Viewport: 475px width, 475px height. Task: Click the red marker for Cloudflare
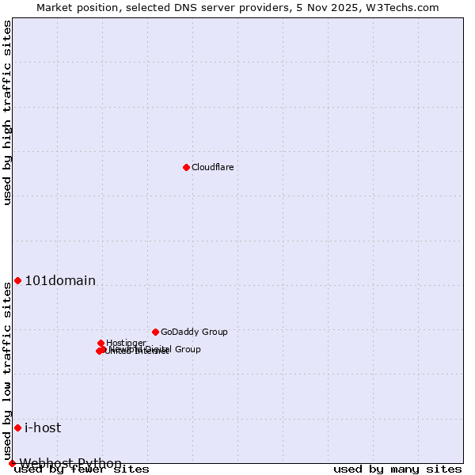point(186,167)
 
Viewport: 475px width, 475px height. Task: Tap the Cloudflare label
point(213,167)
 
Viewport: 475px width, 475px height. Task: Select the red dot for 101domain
point(17,280)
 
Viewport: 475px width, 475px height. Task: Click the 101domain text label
point(60,280)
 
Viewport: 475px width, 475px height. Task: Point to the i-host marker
point(17,427)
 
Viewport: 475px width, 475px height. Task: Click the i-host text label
point(43,427)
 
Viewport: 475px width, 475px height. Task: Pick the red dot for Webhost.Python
point(12,463)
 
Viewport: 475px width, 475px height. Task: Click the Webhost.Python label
point(70,463)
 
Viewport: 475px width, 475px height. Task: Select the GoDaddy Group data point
point(155,332)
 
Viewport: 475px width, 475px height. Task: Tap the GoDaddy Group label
point(194,332)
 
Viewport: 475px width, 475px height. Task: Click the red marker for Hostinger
point(101,343)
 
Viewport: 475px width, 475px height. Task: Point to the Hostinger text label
point(126,343)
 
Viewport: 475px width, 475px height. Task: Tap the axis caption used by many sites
point(397,469)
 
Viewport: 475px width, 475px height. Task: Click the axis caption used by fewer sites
point(82,469)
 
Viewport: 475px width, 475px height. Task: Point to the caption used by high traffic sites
point(7,112)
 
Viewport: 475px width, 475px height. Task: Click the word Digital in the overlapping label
point(158,349)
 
